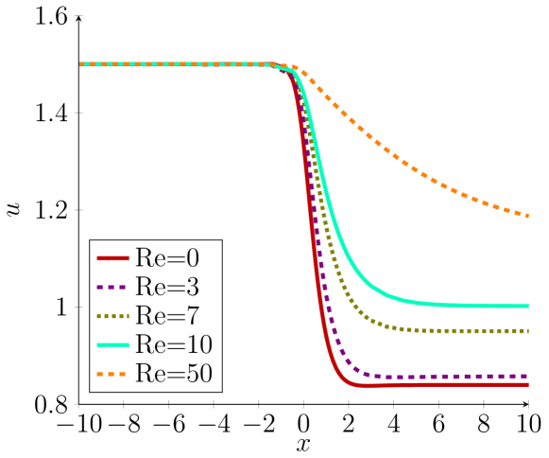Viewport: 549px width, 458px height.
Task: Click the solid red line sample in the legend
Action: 112,257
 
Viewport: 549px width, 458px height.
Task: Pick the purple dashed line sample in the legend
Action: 112,287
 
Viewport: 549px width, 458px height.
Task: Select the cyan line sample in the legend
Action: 112,345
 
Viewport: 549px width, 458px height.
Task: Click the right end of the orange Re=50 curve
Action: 527,216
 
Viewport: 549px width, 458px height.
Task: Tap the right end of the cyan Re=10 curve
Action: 527,306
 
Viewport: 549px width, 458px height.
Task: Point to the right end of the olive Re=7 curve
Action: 527,331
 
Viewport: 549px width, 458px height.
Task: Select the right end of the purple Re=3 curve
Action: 527,377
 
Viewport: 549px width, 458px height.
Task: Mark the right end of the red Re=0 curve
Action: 527,384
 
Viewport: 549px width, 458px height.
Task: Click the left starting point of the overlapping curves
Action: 80,64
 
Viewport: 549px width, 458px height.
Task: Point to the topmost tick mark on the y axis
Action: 78,16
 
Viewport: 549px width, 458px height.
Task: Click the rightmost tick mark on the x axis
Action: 528,404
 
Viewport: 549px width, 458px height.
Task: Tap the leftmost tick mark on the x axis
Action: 78,404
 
